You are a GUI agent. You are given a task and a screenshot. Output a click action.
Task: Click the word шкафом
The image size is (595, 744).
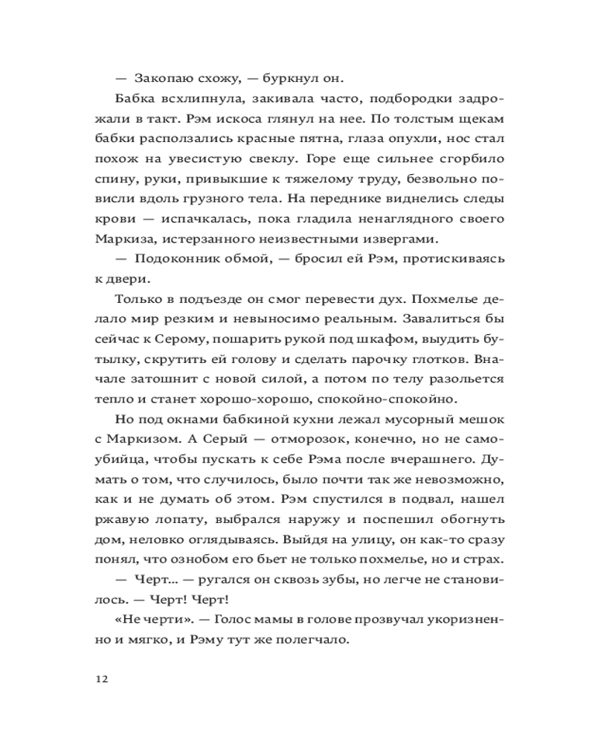tap(359, 339)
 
